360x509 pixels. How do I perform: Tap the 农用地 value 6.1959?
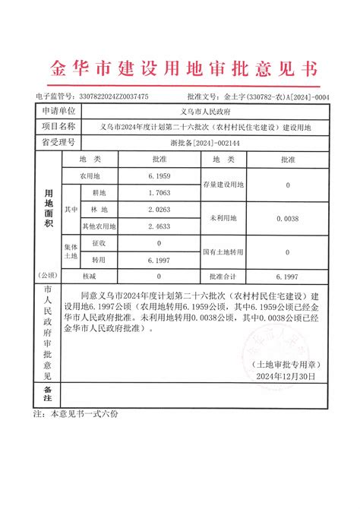pyautogui.click(x=158, y=175)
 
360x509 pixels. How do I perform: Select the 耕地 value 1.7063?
pyautogui.click(x=158, y=193)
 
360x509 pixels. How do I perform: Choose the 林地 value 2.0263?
pyautogui.click(x=158, y=209)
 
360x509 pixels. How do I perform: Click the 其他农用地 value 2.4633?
pyautogui.click(x=158, y=226)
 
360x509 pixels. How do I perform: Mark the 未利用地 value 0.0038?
pyautogui.click(x=287, y=218)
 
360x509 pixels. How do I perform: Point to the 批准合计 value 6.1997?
pyautogui.click(x=287, y=277)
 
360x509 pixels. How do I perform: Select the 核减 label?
pyautogui.click(x=88, y=277)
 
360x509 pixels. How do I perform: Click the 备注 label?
pyautogui.click(x=46, y=394)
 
